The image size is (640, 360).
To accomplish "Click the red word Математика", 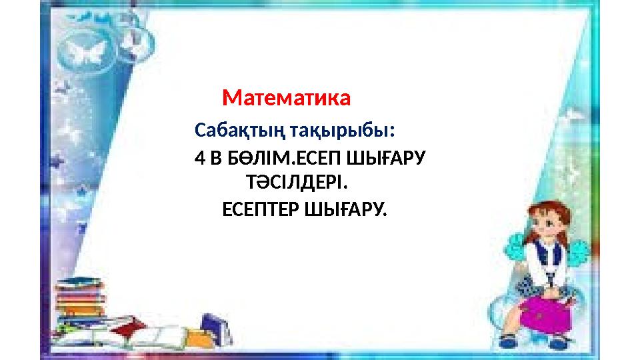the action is [286, 98].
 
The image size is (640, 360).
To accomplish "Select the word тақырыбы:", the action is [342, 131].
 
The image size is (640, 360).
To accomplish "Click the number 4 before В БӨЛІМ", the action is [199, 159].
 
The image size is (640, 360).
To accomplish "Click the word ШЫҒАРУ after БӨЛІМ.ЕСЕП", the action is [386, 159].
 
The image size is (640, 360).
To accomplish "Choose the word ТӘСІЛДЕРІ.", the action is [297, 182].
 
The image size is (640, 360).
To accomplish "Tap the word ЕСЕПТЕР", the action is [261, 210].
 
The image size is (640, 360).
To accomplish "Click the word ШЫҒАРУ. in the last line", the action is [345, 210].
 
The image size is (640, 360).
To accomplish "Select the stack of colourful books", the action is [79, 298].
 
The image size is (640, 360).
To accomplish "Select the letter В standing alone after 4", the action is [215, 159].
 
